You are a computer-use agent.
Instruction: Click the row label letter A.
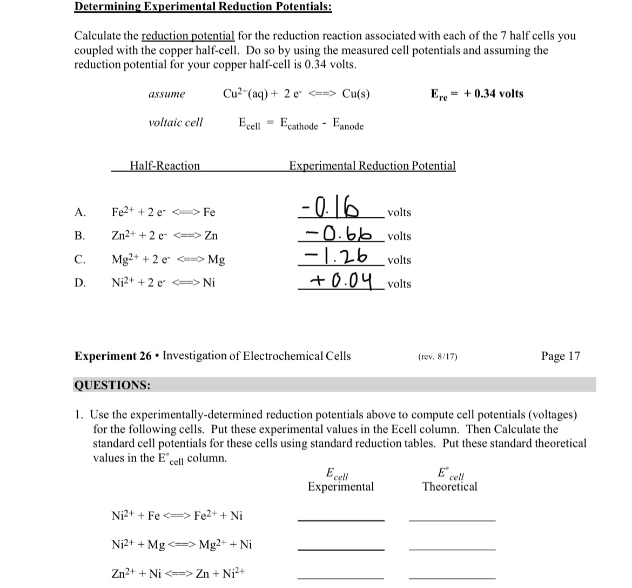(x=80, y=212)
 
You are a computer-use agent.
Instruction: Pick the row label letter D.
(x=80, y=283)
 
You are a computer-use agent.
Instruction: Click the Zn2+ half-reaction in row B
(x=165, y=236)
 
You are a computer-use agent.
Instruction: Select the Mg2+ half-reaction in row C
(x=168, y=259)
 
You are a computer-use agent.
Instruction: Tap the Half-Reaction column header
(x=165, y=166)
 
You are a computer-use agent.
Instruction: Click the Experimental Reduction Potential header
(x=372, y=166)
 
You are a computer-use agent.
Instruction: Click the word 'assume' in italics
(x=166, y=95)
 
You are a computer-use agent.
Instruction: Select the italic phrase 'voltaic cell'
(x=176, y=123)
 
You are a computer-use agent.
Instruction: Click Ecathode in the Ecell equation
(x=299, y=124)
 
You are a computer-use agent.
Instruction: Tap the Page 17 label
(x=560, y=356)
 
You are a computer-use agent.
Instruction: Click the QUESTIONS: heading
(x=112, y=385)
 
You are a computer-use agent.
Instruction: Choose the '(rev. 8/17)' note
(x=438, y=357)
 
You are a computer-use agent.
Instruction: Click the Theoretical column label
(x=449, y=486)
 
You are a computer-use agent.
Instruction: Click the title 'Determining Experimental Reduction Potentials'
(x=203, y=7)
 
